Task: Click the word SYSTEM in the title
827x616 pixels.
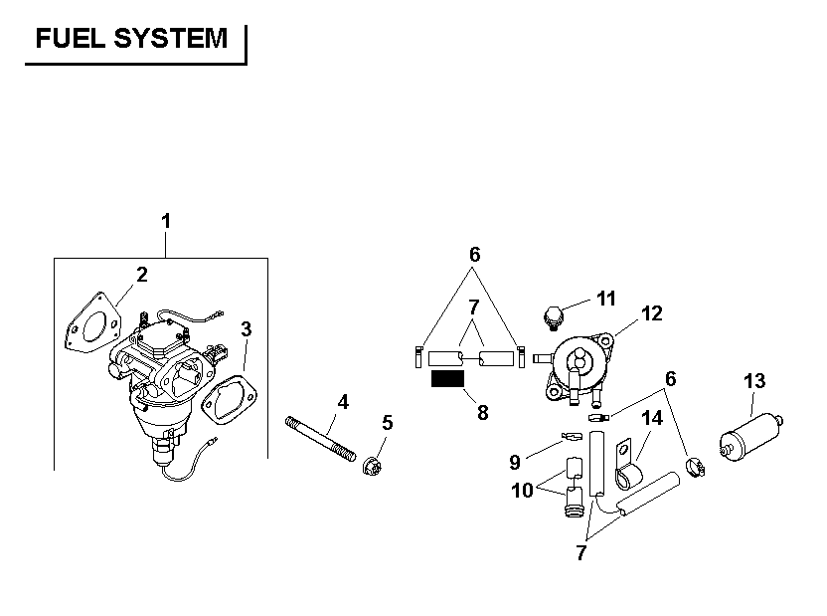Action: click(x=170, y=39)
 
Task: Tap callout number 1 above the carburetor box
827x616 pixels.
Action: click(x=166, y=221)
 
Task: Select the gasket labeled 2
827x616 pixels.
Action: click(x=92, y=323)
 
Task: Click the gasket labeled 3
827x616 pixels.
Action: click(x=230, y=400)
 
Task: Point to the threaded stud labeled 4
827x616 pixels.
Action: click(x=320, y=439)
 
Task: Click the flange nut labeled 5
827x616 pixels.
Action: click(x=373, y=465)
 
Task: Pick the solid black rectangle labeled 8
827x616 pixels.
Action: click(x=447, y=378)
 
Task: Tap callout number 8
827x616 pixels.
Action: click(x=483, y=412)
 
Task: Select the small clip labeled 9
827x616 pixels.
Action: click(x=572, y=436)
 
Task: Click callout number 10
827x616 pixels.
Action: click(x=522, y=491)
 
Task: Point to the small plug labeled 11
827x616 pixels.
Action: click(x=554, y=318)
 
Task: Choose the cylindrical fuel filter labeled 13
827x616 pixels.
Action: click(x=751, y=438)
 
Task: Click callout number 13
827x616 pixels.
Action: click(x=754, y=381)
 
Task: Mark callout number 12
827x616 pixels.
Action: click(x=651, y=313)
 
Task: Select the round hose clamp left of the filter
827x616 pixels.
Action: click(x=695, y=468)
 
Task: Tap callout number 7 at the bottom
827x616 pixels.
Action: click(x=580, y=553)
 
